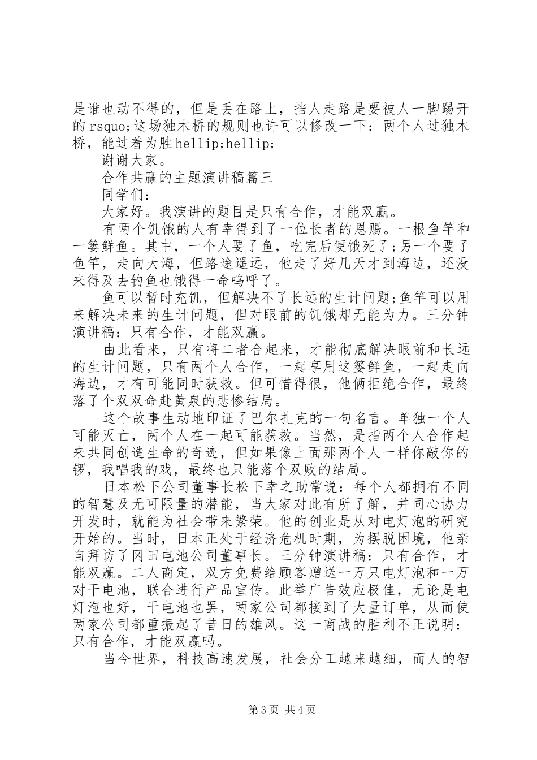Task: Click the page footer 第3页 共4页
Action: pos(268,710)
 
